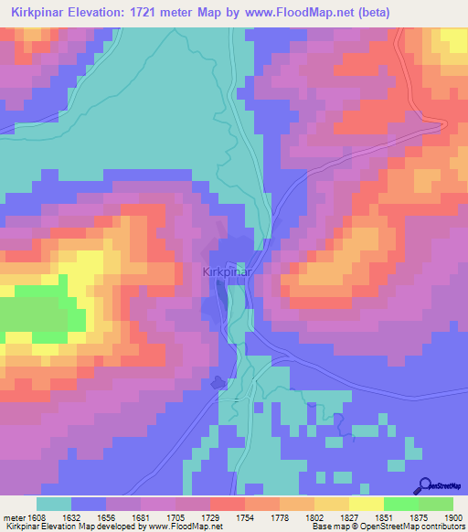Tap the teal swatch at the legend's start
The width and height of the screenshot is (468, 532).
(54, 503)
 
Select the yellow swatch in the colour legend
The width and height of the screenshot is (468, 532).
(366, 503)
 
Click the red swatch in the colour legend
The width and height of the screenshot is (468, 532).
(227, 503)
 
